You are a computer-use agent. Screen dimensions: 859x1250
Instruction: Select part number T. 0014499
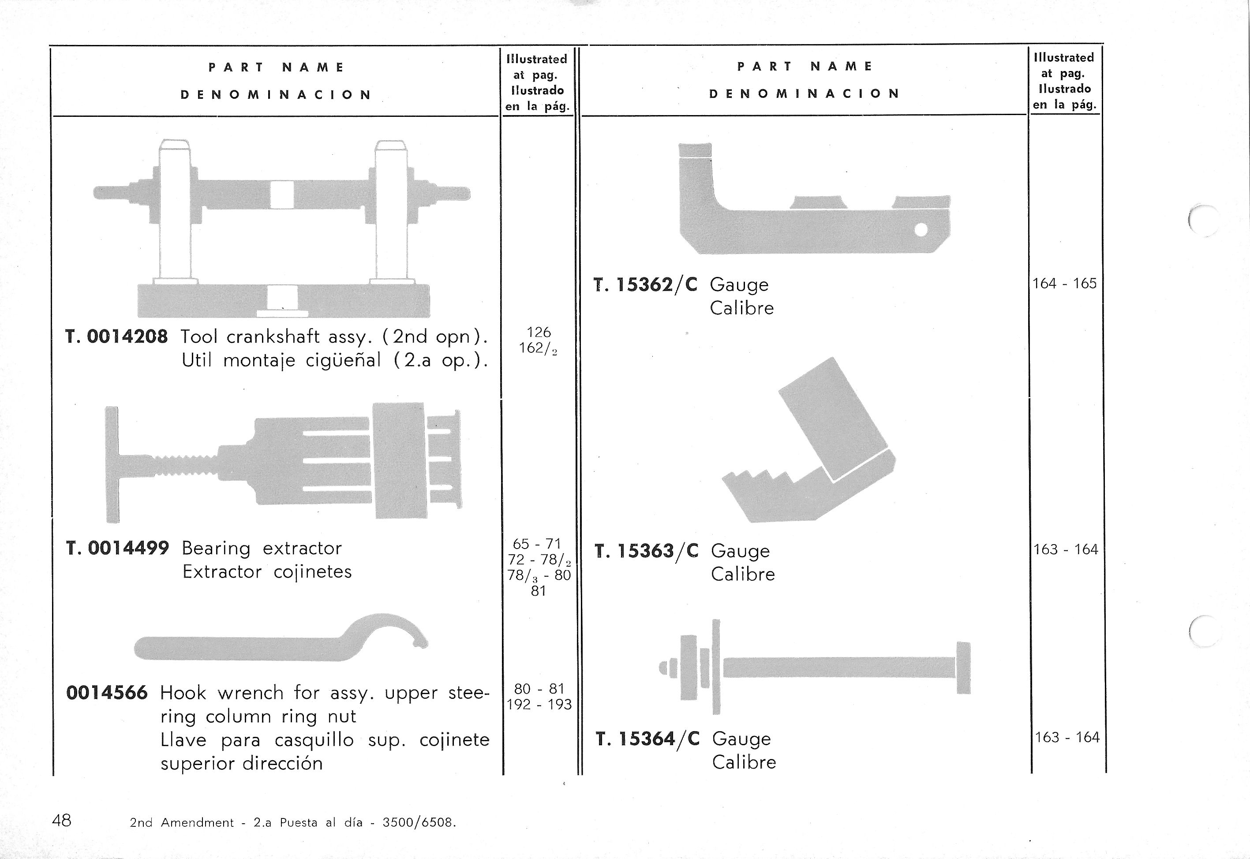coord(117,549)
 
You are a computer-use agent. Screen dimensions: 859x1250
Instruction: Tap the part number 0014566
coord(107,693)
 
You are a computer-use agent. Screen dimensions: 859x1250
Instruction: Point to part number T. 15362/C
coord(645,285)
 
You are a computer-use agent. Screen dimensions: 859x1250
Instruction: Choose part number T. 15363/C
coord(646,551)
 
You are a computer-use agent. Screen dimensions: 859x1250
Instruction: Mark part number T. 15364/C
coord(647,739)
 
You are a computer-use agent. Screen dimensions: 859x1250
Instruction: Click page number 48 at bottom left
coord(61,820)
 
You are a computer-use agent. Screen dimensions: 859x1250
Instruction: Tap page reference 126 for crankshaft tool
coord(538,332)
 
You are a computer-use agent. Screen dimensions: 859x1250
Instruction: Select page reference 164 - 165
coord(1064,284)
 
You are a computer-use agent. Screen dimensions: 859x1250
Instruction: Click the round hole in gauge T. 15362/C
coord(921,230)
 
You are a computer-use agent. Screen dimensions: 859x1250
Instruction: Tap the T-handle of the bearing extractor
coord(112,464)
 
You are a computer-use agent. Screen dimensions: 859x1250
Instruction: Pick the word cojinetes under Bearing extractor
coord(312,571)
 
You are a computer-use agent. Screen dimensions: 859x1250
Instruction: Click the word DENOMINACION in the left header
coord(276,95)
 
